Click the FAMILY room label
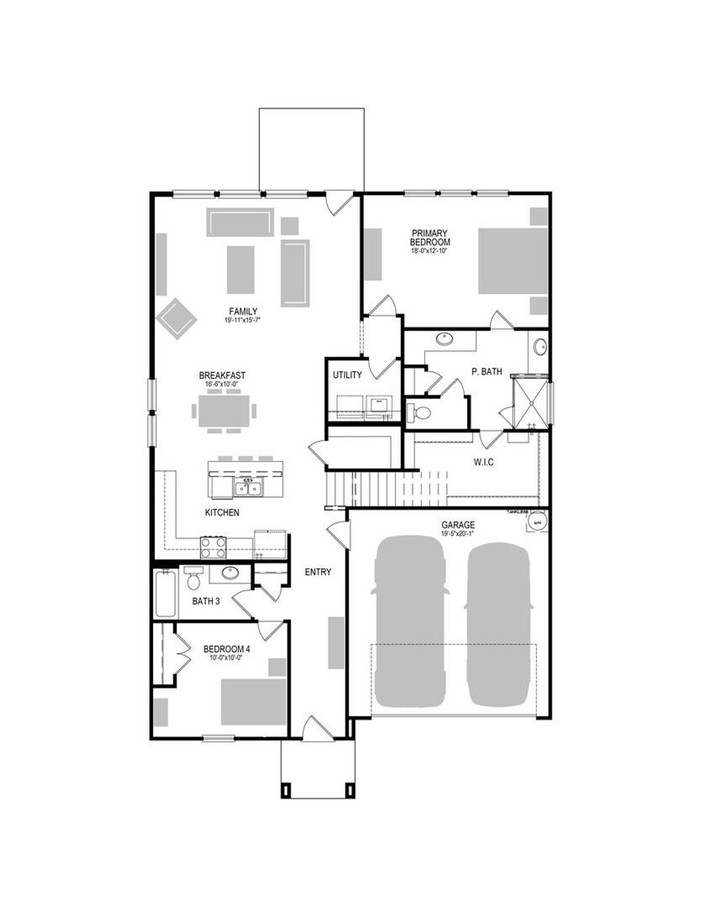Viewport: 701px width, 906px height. pyautogui.click(x=243, y=311)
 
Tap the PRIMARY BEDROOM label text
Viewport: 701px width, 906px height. pyautogui.click(x=429, y=237)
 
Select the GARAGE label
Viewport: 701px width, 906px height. pyautogui.click(x=457, y=526)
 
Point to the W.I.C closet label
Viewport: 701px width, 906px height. pyautogui.click(x=483, y=462)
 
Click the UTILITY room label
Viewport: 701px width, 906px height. pyautogui.click(x=347, y=376)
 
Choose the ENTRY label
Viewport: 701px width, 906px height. pyautogui.click(x=318, y=572)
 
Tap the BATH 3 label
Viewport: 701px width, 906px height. pyautogui.click(x=205, y=601)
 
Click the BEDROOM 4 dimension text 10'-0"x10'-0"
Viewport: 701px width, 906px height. pyautogui.click(x=226, y=658)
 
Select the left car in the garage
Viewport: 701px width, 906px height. pyautogui.click(x=409, y=621)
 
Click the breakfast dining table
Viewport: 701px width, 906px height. pyautogui.click(x=225, y=412)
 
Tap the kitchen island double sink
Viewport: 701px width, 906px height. pyautogui.click(x=247, y=488)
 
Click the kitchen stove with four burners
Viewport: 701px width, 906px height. pyautogui.click(x=214, y=545)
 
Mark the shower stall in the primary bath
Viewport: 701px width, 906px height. pyautogui.click(x=531, y=402)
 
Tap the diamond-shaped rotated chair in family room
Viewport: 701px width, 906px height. pyautogui.click(x=177, y=317)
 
